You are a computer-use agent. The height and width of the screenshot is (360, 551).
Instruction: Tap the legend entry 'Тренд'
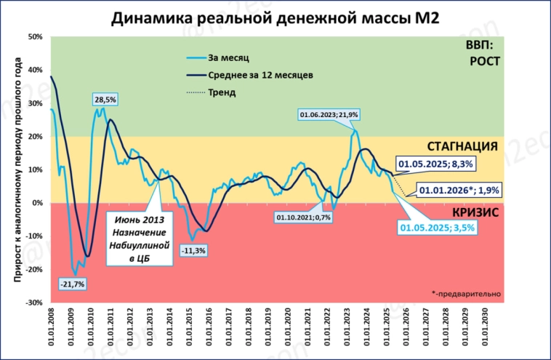pos(222,92)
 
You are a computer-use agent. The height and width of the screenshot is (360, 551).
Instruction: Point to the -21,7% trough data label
pos(72,283)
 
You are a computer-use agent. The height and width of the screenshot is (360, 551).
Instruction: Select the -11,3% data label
pos(193,251)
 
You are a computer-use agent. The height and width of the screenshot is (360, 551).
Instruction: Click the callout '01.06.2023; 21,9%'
pos(329,115)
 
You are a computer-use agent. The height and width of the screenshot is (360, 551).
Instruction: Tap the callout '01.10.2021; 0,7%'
pos(303,217)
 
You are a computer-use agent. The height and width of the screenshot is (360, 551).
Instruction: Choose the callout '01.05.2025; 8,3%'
pos(435,164)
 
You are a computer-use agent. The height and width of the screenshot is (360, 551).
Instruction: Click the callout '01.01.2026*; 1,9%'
pos(459,191)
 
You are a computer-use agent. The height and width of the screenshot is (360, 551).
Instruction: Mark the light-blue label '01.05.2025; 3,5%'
pos(438,228)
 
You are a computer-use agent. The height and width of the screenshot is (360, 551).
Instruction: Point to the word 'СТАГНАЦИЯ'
pos(462,146)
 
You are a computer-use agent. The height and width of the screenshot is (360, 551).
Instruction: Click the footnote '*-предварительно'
pos(465,294)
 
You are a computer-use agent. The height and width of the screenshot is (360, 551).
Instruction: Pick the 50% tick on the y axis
pos(34,36)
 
